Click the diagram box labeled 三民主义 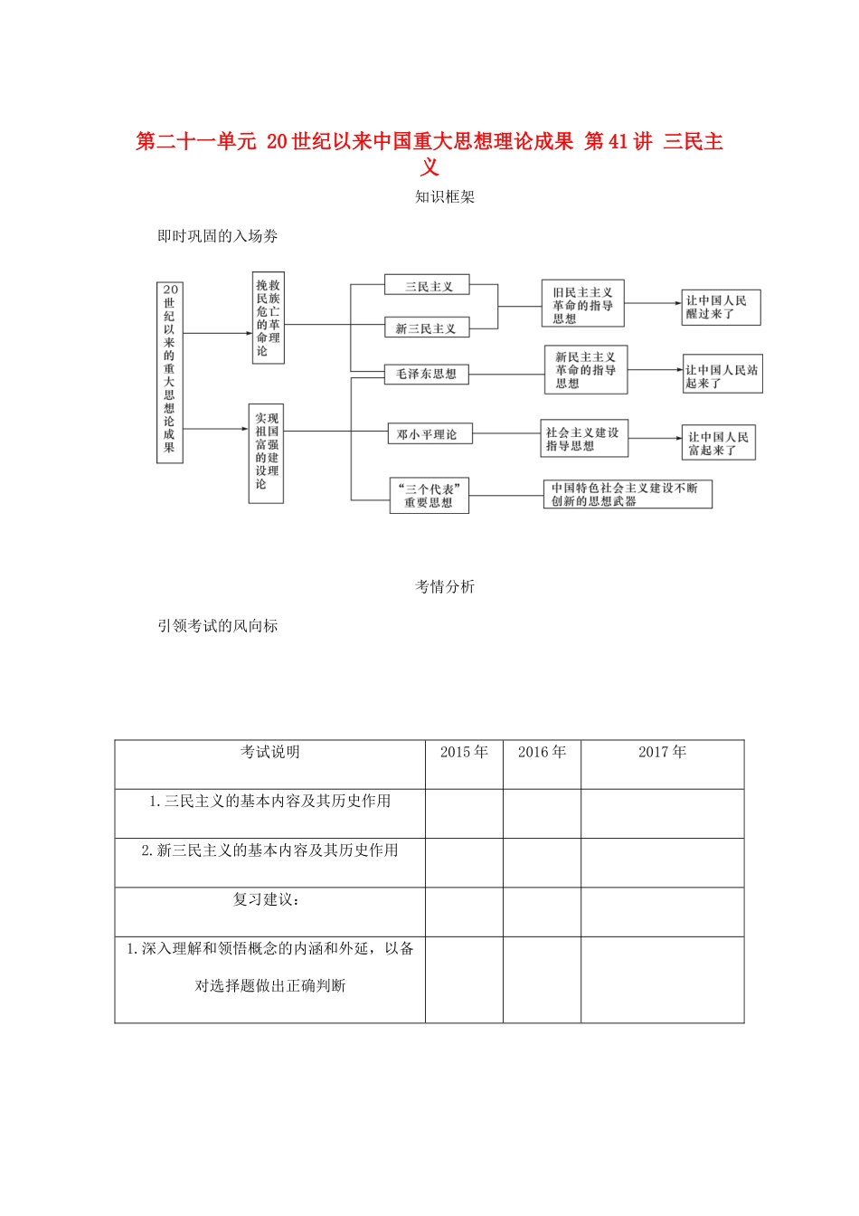click(429, 286)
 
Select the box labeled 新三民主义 click(426, 328)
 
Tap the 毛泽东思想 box click(426, 374)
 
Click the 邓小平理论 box click(428, 434)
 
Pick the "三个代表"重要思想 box click(429, 496)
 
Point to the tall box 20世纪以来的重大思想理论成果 click(169, 372)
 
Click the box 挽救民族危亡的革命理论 click(268, 318)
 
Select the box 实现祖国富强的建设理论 click(267, 452)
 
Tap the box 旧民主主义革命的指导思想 click(582, 305)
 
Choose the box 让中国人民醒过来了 click(720, 308)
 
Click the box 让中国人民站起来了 click(722, 375)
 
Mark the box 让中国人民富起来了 click(718, 443)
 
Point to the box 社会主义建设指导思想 click(583, 439)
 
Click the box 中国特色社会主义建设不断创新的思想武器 click(627, 494)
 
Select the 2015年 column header click(464, 753)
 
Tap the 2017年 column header click(662, 753)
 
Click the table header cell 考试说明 click(269, 753)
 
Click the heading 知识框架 click(444, 196)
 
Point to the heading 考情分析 click(444, 586)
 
